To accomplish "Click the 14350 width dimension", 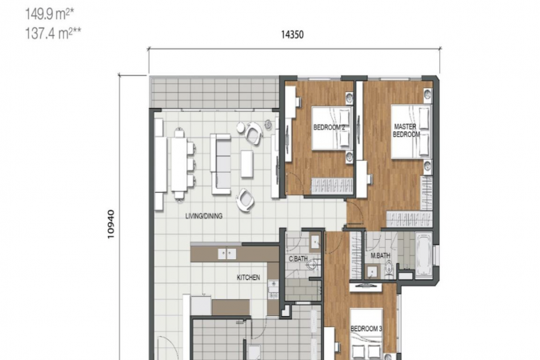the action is click(292, 34).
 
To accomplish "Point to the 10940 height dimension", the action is click(110, 224).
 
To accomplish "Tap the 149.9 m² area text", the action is click(50, 14).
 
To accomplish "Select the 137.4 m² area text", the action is click(53, 34).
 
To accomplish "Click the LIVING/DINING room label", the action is click(204, 216).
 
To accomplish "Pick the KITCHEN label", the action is click(248, 278).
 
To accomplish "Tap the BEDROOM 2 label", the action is click(329, 127).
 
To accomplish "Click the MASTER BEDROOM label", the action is click(406, 130).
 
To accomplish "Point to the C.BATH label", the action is click(298, 258).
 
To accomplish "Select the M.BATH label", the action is click(380, 256).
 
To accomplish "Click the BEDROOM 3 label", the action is click(366, 329).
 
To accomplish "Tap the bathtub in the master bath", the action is click(423, 255).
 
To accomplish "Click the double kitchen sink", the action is click(227, 254).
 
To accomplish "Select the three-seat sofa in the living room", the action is click(221, 164).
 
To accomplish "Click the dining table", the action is click(179, 164).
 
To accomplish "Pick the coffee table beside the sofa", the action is click(247, 164).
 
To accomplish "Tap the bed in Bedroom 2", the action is click(332, 128).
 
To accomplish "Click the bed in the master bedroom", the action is click(411, 131).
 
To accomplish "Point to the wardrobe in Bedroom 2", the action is click(332, 186).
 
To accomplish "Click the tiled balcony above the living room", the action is click(214, 92).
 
